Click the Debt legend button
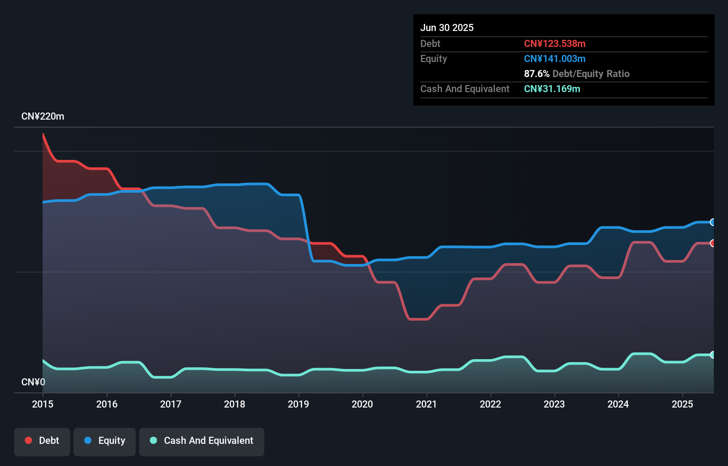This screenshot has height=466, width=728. coord(42,441)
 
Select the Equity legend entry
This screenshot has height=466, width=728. coord(105,441)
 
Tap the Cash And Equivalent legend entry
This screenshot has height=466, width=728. coord(202,441)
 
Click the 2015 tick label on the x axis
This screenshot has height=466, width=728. coord(43,404)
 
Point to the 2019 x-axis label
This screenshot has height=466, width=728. coord(298,404)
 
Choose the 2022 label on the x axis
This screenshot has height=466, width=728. coord(490,404)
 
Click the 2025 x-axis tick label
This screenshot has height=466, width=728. coord(682,404)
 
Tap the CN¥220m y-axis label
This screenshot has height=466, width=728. coord(43,116)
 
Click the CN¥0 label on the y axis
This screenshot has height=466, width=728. coord(33,382)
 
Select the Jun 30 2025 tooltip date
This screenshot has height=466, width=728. coord(447,27)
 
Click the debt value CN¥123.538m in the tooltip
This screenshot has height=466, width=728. coord(555,43)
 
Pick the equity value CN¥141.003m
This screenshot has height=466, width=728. coord(555,58)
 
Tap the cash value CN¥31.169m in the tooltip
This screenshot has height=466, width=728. coord(552,89)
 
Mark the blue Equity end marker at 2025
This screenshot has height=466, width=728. coord(712,222)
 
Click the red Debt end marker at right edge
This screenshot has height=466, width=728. coord(712,243)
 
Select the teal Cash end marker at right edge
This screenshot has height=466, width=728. coord(712,354)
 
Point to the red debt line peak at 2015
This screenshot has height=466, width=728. coord(43,134)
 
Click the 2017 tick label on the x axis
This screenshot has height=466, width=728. coord(171,404)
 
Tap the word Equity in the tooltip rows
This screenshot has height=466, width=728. coord(434,58)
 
